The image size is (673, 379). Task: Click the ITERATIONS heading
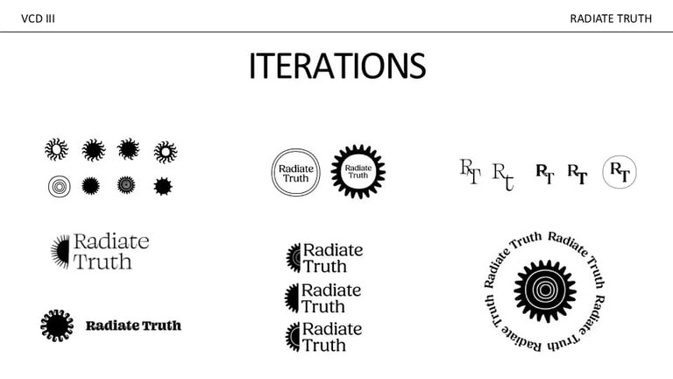(336, 67)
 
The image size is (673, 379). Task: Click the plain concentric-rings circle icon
(59, 186)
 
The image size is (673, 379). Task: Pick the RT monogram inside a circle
(619, 172)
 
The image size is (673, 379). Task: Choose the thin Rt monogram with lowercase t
(503, 175)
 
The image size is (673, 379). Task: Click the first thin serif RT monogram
(471, 171)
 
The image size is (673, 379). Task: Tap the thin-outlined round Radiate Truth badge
(295, 172)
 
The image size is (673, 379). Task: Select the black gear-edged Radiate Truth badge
(358, 171)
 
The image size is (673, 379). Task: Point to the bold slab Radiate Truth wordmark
(133, 325)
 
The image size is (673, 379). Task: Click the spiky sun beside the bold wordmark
(57, 325)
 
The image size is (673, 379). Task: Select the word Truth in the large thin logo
(103, 261)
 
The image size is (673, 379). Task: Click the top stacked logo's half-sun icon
(294, 258)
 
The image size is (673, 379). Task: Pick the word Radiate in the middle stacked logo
(330, 290)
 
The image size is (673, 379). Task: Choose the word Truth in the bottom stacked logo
(323, 346)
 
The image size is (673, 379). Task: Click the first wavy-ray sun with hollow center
(56, 150)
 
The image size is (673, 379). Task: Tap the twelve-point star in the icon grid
(162, 186)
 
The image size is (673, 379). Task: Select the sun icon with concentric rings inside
(126, 185)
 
